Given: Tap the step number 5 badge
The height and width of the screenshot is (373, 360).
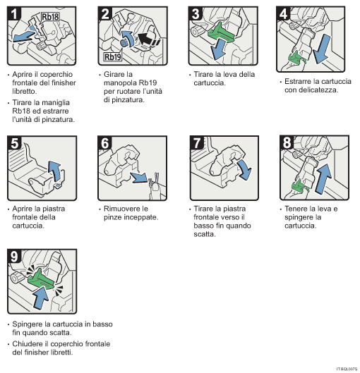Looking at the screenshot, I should pos(13,142).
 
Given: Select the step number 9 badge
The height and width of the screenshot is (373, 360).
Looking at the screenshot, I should pos(13,255).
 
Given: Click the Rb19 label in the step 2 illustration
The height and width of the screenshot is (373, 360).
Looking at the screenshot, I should pos(112,56).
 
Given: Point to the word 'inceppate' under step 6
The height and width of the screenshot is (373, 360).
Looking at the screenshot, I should pos(138,217).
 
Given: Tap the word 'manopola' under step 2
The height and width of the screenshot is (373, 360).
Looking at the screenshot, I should pos(119,82).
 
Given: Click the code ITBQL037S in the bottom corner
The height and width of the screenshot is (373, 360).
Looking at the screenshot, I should pos(346,367).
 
